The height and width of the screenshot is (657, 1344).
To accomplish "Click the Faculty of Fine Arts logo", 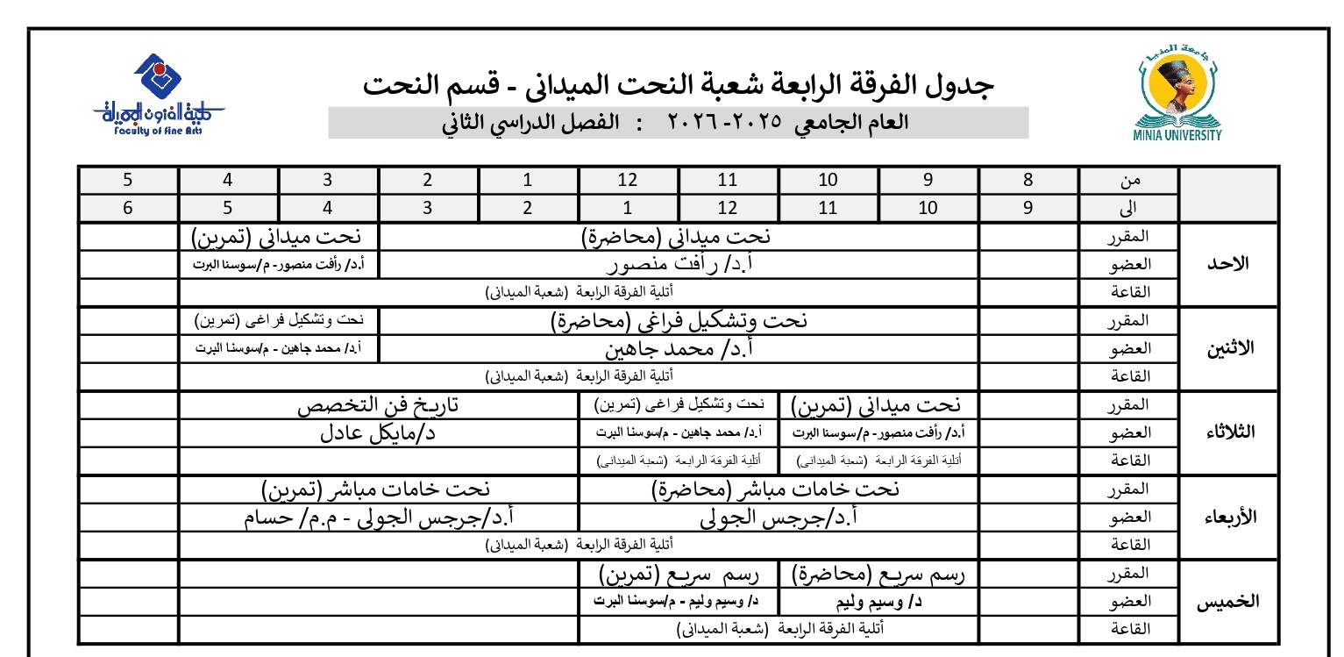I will (159, 95).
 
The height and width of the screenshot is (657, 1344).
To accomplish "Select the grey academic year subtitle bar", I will (678, 123).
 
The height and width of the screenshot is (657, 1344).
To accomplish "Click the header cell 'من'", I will (1130, 181).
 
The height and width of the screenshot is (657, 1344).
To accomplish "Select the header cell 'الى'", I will (1130, 209).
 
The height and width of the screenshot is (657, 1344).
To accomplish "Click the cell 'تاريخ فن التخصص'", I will (378, 405).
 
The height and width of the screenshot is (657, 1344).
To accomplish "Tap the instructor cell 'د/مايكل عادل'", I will (378, 433).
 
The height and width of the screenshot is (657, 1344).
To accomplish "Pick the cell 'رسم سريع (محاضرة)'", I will (878, 575).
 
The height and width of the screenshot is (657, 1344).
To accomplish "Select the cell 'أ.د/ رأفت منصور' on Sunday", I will (678, 264).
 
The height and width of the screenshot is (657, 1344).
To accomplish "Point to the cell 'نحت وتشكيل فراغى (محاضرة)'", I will (678, 321).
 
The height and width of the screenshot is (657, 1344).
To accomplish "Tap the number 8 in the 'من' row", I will (1028, 181).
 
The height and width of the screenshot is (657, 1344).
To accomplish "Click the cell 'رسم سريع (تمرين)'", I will (679, 575).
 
